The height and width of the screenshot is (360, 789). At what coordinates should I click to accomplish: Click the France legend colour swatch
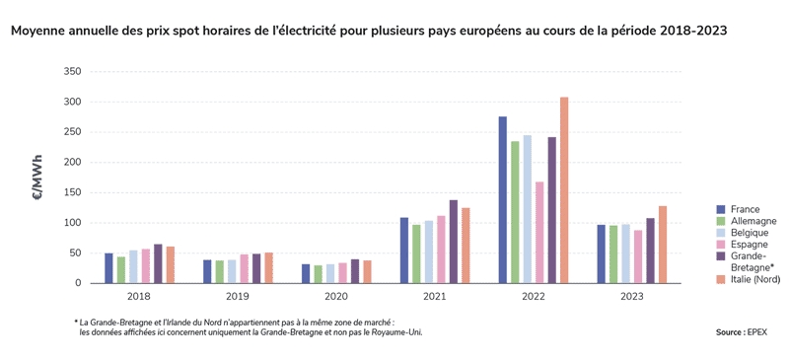(x=721, y=209)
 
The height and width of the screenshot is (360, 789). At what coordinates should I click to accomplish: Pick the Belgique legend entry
(x=753, y=233)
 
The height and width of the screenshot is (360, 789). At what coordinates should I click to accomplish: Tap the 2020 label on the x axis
(x=335, y=296)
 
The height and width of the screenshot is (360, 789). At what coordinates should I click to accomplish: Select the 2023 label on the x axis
(x=631, y=296)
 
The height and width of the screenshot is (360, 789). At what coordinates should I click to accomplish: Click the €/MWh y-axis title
(x=37, y=178)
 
